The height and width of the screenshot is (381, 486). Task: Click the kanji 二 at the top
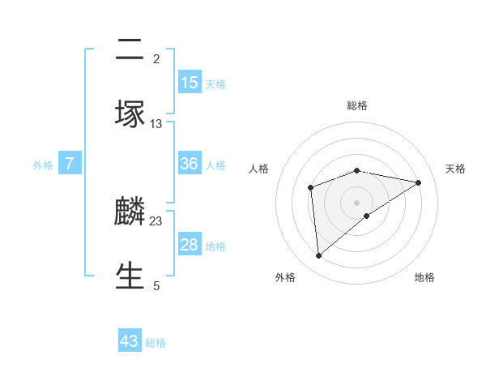coord(130,51)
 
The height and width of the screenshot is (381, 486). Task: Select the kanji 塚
coord(130,115)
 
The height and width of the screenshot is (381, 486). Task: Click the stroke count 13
coord(156,123)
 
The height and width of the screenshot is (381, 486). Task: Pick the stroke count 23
coord(156,220)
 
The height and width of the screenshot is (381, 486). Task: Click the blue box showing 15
coord(190,83)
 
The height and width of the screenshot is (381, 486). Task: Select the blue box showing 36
coord(190,164)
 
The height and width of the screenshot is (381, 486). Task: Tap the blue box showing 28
coord(190,245)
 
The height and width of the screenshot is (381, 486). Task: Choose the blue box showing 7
coord(70,164)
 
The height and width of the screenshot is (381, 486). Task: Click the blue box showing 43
coord(130,341)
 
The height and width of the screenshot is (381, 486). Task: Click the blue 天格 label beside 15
coord(215,84)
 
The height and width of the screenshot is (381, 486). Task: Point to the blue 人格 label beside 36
coord(215,165)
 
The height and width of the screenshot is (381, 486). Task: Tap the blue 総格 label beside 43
coord(156,343)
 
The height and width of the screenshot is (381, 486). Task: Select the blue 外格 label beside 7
coord(43,165)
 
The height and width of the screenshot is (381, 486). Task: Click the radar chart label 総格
coord(357,105)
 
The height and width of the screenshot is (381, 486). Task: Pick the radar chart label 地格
coord(424,277)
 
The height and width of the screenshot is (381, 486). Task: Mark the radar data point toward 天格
coord(419,182)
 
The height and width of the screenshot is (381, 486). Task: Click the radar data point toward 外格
coord(319,256)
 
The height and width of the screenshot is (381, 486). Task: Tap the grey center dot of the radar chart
coord(357,202)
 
